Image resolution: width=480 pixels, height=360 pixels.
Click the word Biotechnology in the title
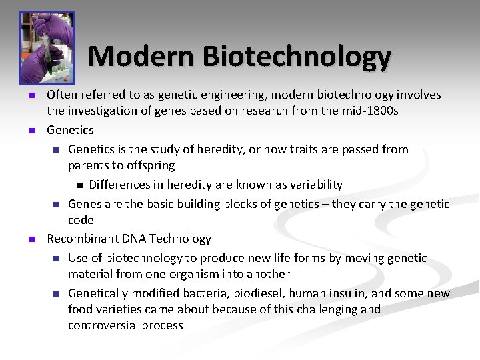pos(297,57)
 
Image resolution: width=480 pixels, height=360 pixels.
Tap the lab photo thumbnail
pos(47,46)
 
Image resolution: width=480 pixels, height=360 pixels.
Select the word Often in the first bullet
pos(62,95)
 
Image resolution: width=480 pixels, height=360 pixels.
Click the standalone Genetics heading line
pos(70,130)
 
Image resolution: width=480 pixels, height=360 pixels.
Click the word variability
pos(315,185)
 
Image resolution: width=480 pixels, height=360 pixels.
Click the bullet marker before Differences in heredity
pos(77,185)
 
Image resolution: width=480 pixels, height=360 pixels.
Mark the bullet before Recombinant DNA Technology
pos(30,239)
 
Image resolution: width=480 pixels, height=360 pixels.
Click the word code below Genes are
pos(81,220)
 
